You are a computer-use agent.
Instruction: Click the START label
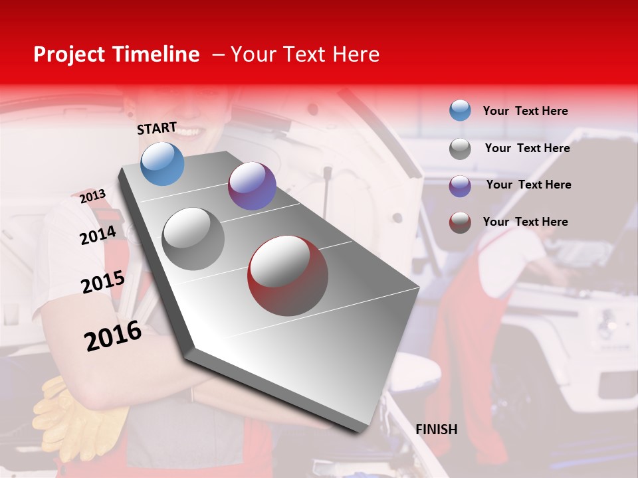point(157,128)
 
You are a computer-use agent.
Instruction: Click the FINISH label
point(436,430)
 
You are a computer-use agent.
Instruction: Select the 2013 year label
point(92,197)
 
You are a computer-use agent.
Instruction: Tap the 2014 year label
point(98,235)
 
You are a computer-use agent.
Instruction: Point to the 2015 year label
point(102,282)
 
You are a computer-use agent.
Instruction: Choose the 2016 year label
point(113,336)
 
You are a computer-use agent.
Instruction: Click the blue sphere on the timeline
point(162,164)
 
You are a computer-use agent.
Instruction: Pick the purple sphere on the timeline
point(252,186)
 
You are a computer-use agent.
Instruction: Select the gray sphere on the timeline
point(193,239)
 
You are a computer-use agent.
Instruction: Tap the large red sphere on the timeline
point(288,276)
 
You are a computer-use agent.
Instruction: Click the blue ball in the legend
point(460,110)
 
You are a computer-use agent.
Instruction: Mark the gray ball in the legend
point(460,149)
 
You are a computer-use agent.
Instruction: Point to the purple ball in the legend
point(460,186)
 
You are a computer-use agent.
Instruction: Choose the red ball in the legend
point(460,222)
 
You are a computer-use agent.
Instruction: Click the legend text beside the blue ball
point(525,111)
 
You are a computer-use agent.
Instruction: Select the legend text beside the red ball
point(525,222)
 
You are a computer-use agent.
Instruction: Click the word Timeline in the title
point(157,54)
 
